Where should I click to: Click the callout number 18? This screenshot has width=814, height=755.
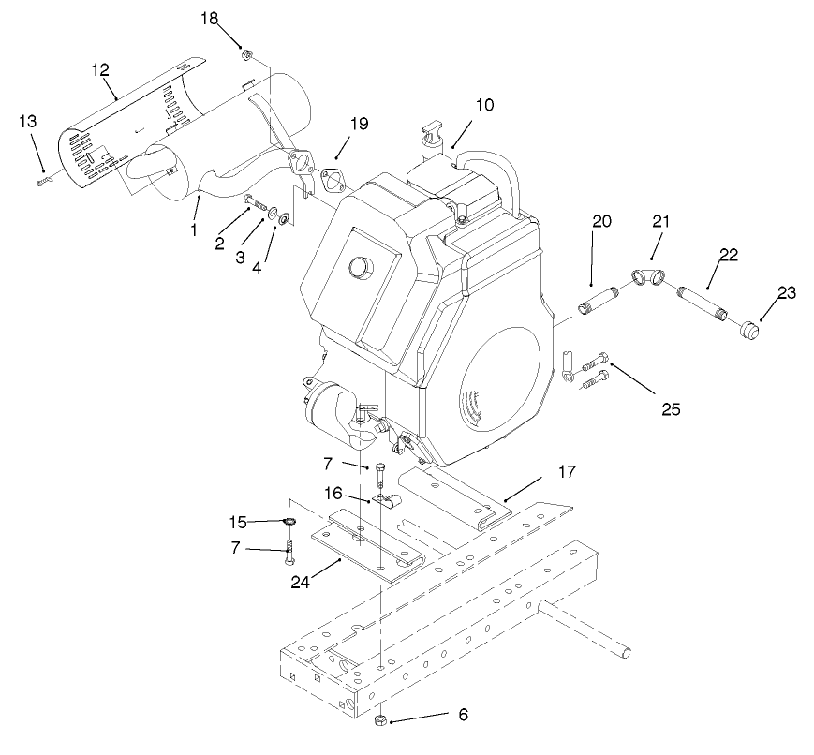[x=209, y=19]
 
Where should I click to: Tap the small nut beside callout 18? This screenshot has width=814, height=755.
[x=243, y=54]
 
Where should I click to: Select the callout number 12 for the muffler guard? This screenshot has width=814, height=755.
[x=100, y=69]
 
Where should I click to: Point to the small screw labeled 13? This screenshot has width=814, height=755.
[x=43, y=182]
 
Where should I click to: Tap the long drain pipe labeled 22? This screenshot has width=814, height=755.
[x=704, y=303]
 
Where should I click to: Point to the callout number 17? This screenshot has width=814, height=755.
[x=569, y=471]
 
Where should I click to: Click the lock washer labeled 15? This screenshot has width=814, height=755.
[x=289, y=522]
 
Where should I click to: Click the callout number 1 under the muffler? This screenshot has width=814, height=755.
[x=194, y=228]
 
